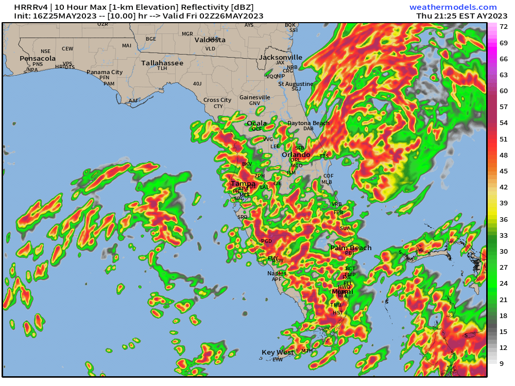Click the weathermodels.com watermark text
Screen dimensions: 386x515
453,7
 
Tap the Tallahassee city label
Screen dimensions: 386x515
162,63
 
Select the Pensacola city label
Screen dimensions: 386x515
38,58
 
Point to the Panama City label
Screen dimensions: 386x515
105,73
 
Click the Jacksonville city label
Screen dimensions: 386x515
281,57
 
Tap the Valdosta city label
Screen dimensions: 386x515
210,40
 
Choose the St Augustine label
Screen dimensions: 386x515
296,84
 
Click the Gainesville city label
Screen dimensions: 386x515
254,97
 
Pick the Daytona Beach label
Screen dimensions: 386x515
308,123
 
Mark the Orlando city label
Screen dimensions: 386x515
296,154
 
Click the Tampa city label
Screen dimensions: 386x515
243,183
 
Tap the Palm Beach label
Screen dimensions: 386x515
350,248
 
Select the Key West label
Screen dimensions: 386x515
278,353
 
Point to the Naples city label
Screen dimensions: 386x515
277,273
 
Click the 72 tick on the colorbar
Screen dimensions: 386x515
504,26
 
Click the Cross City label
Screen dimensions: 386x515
217,100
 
